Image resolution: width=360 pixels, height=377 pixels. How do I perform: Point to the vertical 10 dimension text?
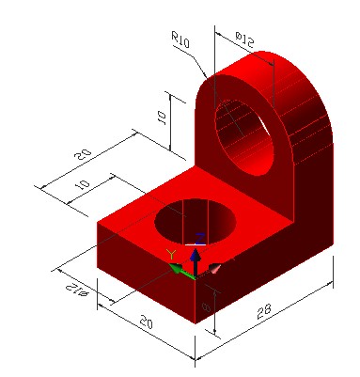[162, 118]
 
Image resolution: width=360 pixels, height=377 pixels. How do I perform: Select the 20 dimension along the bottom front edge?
[145, 323]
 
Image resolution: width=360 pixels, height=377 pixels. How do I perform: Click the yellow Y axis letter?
[171, 255]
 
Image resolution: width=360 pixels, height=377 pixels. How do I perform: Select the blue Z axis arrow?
[195, 256]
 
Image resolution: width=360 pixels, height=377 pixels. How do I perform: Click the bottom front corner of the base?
[196, 323]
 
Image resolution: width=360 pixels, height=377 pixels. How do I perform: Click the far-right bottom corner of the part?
[334, 251]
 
